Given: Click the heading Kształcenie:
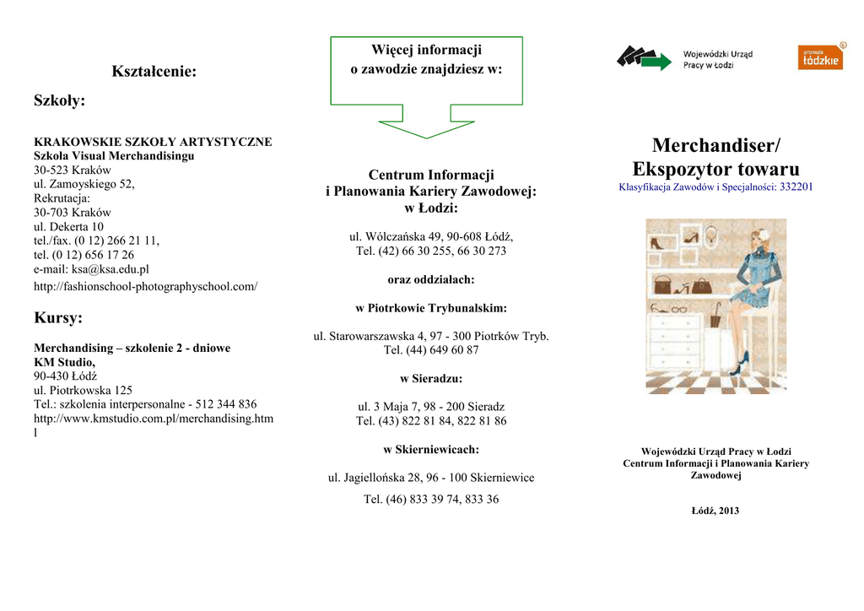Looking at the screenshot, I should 154,72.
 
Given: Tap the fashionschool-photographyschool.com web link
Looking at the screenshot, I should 145,287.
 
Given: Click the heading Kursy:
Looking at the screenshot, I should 58,318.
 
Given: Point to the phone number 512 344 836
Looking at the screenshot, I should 225,404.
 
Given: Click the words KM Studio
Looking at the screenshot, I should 64,362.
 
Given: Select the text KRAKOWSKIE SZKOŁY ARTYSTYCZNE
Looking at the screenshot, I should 153,142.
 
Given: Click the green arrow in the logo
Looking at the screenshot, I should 656,60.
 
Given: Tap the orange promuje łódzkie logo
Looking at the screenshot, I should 820,57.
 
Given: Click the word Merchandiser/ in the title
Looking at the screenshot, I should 715,146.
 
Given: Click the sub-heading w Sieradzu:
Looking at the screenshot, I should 431,378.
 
